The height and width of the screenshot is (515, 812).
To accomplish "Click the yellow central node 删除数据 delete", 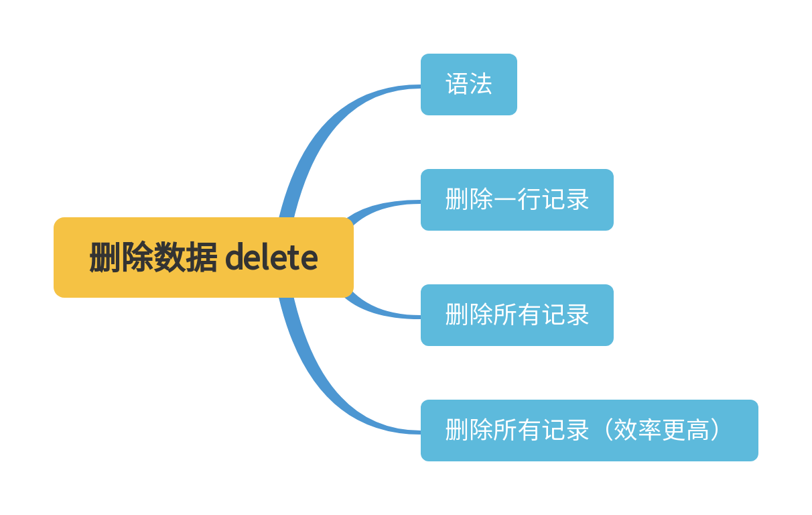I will [x=203, y=257].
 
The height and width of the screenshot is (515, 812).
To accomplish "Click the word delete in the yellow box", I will [x=271, y=257].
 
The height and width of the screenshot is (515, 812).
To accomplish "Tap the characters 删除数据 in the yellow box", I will [x=153, y=257].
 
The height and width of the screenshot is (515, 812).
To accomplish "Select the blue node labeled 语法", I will [x=468, y=84].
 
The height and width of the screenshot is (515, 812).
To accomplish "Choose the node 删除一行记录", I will [x=517, y=200].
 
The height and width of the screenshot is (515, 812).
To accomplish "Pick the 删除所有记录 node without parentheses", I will [x=517, y=315].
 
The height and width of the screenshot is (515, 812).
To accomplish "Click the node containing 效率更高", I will [x=589, y=431].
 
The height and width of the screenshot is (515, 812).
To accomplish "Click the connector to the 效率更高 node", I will [x=335, y=389].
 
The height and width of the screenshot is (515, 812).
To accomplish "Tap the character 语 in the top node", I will [x=457, y=84].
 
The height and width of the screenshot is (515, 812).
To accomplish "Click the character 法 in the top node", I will [x=480, y=84].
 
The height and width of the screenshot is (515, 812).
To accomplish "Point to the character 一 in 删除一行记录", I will [x=504, y=200].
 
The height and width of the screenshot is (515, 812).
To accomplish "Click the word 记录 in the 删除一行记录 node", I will [x=565, y=200].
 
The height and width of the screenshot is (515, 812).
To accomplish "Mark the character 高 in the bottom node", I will [x=697, y=431].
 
